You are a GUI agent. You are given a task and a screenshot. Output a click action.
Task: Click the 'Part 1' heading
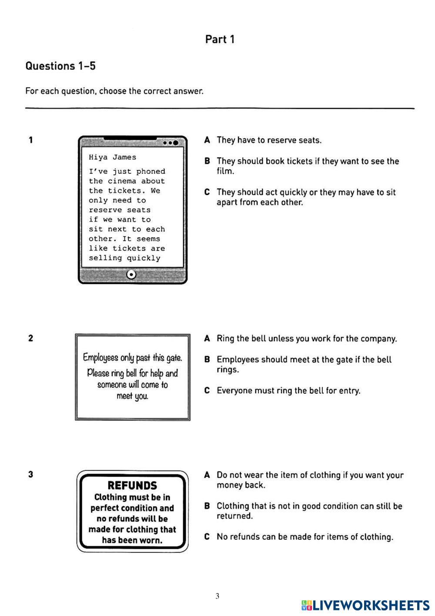(x=220, y=39)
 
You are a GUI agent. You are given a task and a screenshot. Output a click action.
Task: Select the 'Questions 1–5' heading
(x=60, y=66)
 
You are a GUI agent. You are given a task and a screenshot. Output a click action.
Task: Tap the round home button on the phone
(x=132, y=274)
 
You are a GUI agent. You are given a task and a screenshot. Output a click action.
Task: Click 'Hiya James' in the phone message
(x=112, y=157)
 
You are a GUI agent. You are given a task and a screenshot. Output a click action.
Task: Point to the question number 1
(x=30, y=140)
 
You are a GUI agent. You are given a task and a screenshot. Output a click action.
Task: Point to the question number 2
(x=30, y=338)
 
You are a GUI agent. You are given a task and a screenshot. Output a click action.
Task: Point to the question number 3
(x=30, y=474)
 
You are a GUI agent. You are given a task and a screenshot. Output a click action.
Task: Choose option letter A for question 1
(x=207, y=140)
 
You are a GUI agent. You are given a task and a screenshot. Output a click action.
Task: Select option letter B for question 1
(x=207, y=161)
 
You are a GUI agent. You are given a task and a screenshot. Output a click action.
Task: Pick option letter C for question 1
(x=207, y=192)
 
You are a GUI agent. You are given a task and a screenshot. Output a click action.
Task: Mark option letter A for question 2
(x=207, y=338)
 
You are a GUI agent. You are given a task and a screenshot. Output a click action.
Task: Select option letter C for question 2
(x=207, y=391)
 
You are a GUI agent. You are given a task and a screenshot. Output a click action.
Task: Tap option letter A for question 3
(x=207, y=475)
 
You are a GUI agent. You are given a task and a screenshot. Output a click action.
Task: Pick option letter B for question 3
(x=207, y=506)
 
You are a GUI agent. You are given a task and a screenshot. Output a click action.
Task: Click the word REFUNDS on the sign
(x=132, y=485)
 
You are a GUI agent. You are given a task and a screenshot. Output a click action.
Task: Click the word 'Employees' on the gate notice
(x=100, y=358)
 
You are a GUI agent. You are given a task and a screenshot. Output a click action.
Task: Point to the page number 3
(x=217, y=596)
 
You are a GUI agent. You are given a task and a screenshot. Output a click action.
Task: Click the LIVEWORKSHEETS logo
(x=365, y=605)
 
